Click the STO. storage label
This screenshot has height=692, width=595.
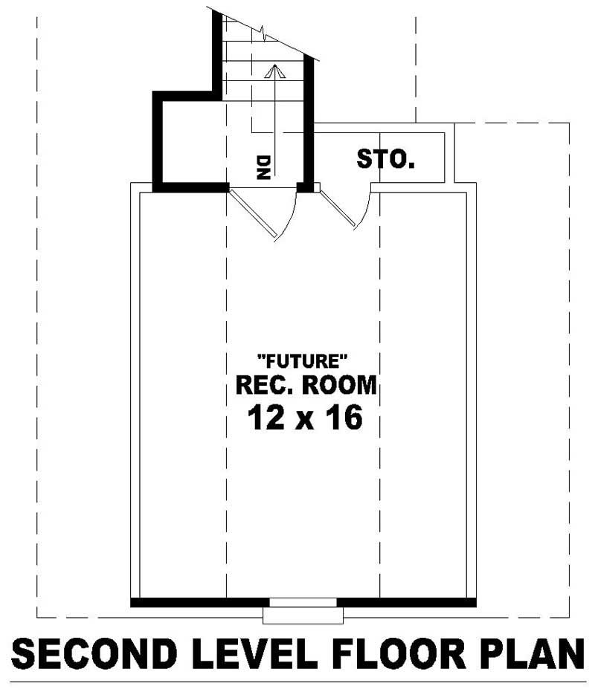point(385,158)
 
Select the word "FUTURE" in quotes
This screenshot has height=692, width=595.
point(302,362)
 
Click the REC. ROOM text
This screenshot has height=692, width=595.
point(306,386)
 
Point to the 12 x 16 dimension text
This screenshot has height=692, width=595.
point(305,418)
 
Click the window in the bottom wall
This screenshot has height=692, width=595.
point(303,603)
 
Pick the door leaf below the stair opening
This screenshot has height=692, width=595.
point(253,214)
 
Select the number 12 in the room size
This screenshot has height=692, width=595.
point(266,418)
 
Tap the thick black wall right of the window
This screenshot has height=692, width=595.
point(406,602)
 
